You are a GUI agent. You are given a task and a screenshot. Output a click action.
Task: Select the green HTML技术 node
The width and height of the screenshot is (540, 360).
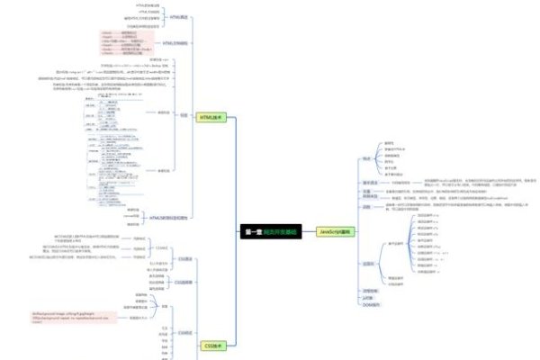(210, 117)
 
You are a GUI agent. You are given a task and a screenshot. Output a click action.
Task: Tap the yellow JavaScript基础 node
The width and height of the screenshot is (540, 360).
(335, 231)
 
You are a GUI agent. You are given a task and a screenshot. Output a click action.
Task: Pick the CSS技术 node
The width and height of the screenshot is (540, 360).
(212, 344)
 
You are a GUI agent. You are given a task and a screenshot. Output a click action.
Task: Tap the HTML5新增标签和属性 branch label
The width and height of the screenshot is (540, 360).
(170, 218)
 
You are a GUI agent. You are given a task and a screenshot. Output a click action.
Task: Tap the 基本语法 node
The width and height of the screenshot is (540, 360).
(369, 182)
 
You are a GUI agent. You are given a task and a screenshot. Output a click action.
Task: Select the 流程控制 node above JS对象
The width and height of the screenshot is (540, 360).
(369, 291)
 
